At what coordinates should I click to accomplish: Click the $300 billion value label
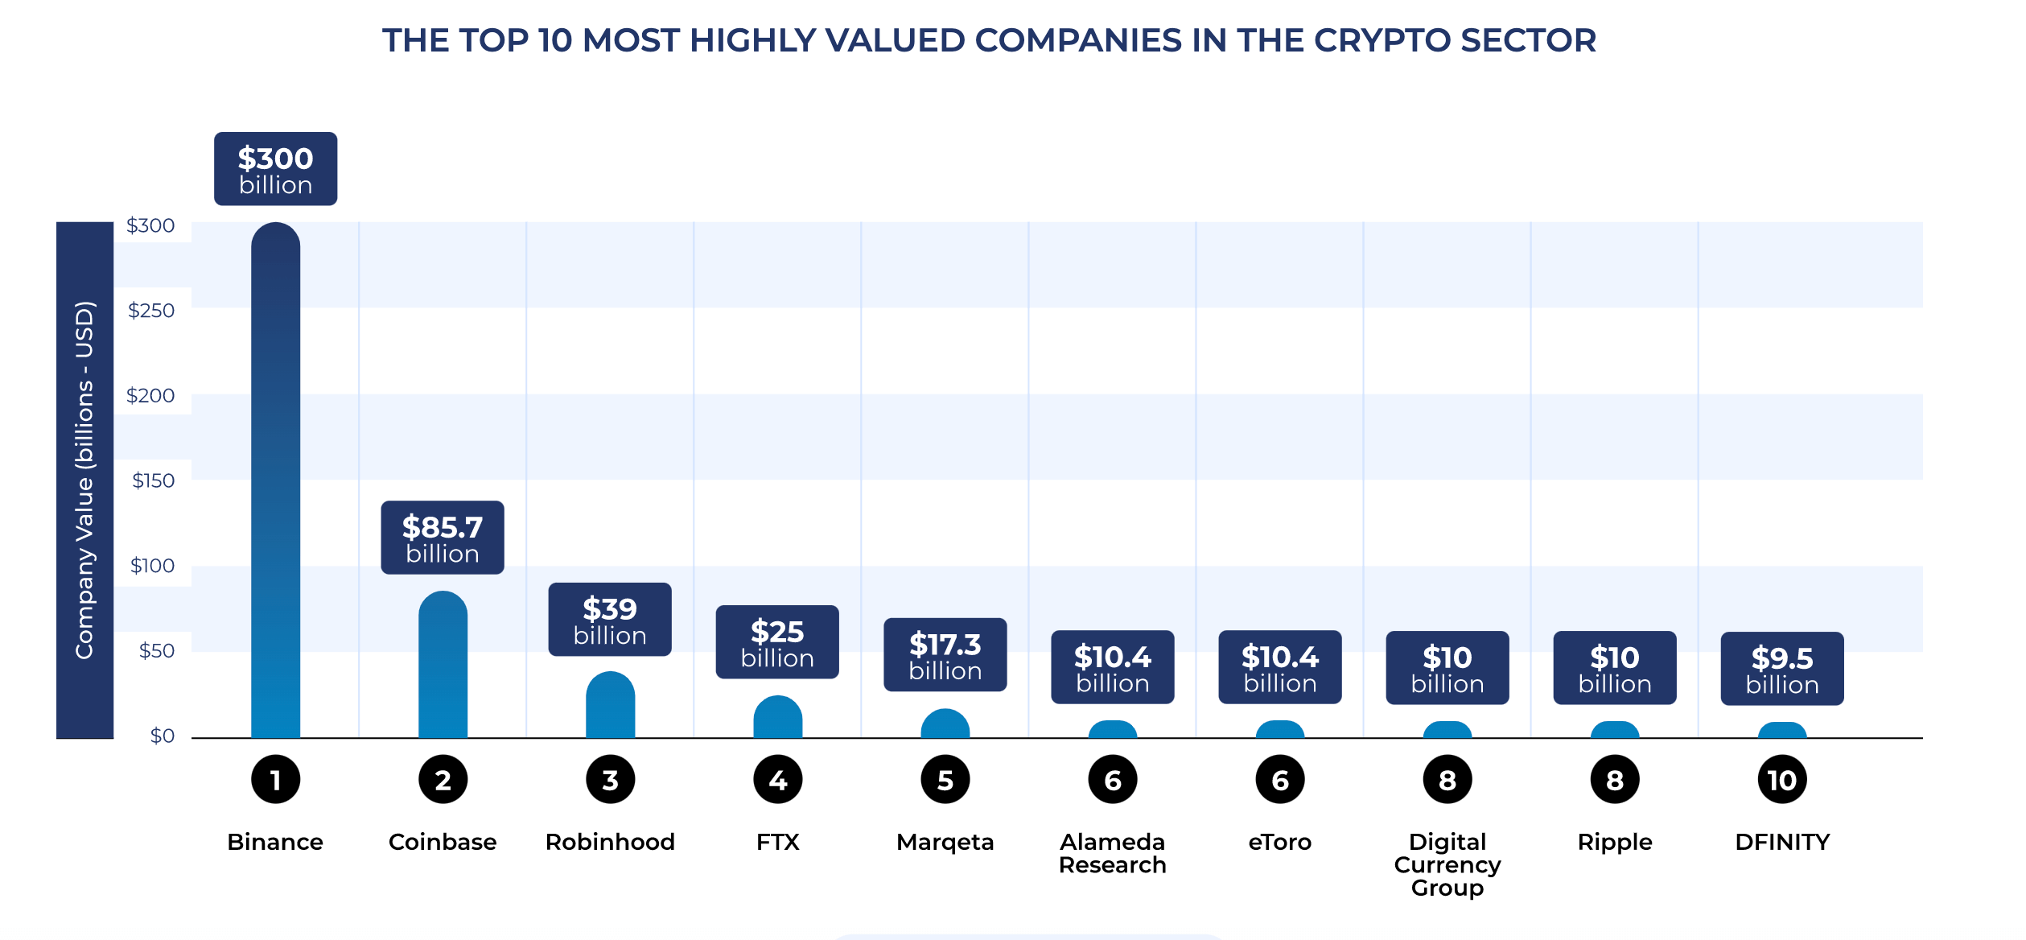click(x=275, y=169)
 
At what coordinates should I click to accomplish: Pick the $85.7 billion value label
click(x=443, y=538)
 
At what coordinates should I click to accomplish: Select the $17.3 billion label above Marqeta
click(x=945, y=655)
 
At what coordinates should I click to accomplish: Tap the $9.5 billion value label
click(x=1782, y=669)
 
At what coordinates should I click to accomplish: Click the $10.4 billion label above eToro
click(x=1279, y=667)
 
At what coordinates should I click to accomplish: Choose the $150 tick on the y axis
click(x=153, y=480)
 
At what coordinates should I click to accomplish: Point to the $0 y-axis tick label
click(x=162, y=736)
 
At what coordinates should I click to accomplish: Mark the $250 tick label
click(x=151, y=311)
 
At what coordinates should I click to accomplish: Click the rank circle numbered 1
click(x=275, y=779)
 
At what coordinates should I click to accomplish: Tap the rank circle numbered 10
click(x=1782, y=779)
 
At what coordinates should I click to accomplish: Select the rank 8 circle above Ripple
click(x=1614, y=779)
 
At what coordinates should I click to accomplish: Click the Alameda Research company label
click(x=1112, y=853)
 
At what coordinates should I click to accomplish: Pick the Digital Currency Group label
click(x=1447, y=864)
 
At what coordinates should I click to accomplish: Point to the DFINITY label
click(x=1782, y=842)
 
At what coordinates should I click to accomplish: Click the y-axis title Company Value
click(x=84, y=480)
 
